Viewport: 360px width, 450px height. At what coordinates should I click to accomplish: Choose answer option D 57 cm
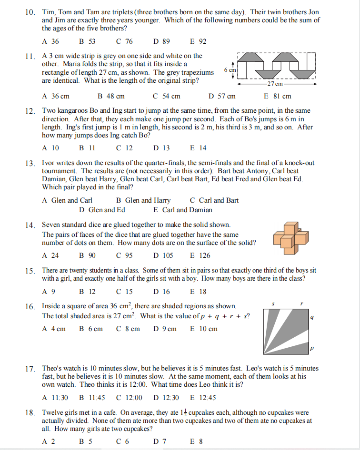[222, 96]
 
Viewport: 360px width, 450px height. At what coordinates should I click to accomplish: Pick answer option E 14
[198, 148]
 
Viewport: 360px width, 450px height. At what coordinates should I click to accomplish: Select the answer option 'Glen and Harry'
[143, 200]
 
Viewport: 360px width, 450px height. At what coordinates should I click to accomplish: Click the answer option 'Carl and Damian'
[183, 210]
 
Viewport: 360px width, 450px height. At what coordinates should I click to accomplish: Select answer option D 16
[161, 292]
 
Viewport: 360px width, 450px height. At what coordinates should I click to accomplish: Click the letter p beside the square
[311, 349]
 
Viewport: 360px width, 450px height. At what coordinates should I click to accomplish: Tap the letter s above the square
[273, 303]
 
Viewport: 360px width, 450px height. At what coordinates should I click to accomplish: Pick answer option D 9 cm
[165, 329]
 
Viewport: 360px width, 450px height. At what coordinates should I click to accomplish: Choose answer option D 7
[160, 441]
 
